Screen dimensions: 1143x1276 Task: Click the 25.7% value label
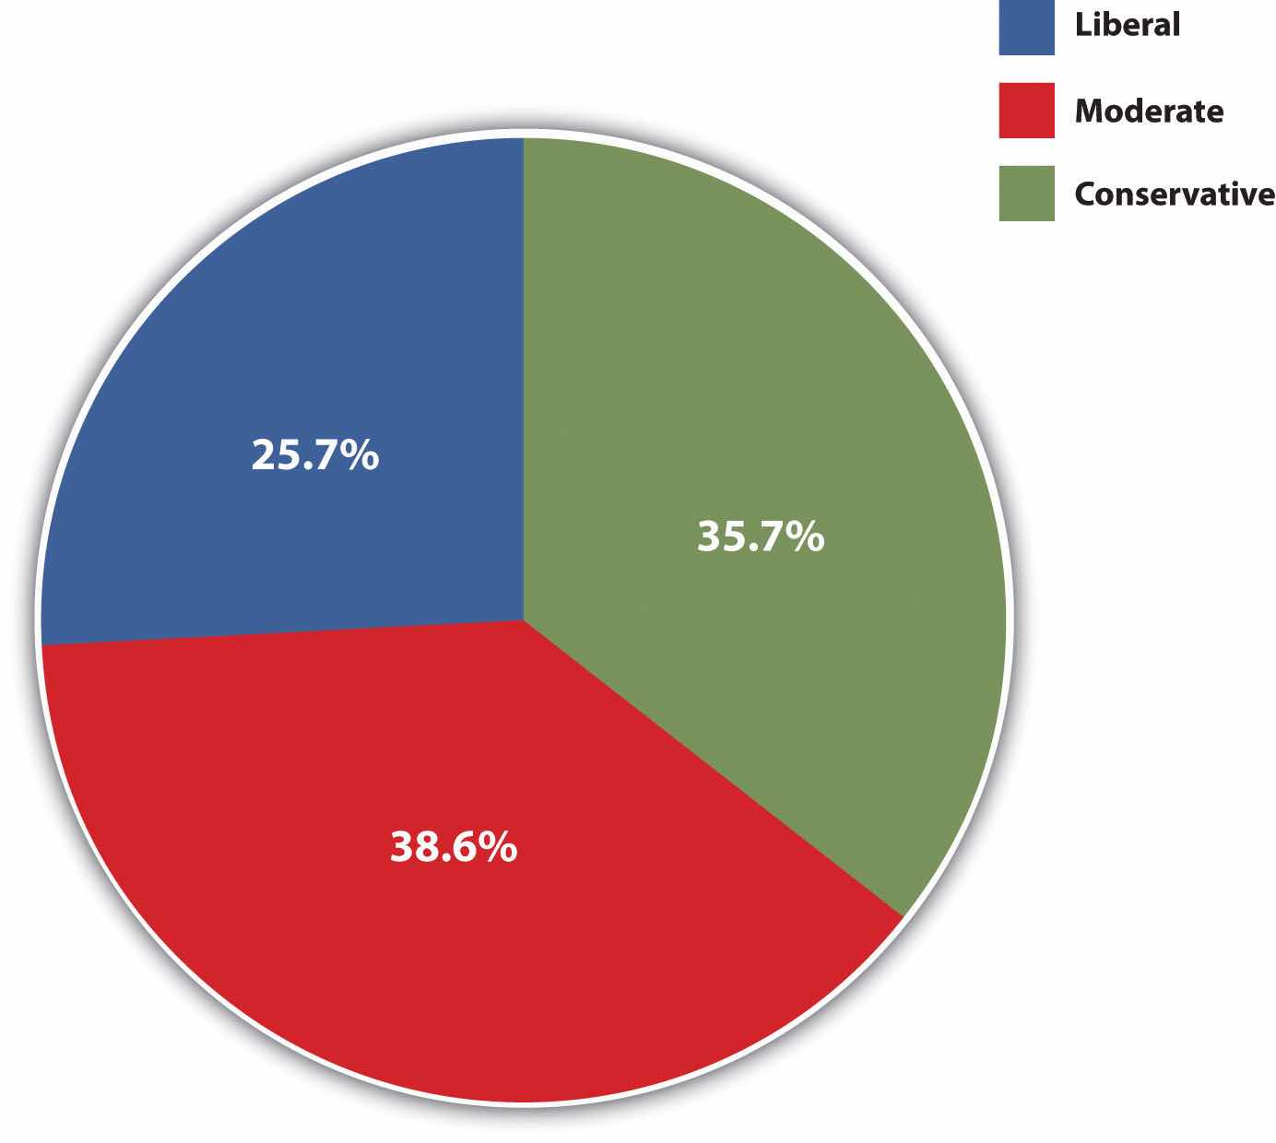pos(314,455)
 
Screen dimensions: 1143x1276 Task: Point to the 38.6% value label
pos(453,846)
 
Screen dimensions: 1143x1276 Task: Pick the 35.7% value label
pos(760,536)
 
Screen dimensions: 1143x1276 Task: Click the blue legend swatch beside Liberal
pos(1026,29)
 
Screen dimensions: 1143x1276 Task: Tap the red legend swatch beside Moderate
pos(1026,112)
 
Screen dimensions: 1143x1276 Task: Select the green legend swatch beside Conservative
pos(1026,194)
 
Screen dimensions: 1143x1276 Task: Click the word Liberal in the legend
pos(1127,25)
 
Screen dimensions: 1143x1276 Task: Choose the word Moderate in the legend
pos(1149,112)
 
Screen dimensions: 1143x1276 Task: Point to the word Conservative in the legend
pos(1175,194)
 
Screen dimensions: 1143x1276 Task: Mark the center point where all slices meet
pos(524,619)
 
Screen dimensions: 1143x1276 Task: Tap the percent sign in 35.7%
pos(806,536)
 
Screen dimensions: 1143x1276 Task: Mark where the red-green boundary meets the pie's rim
pos(902,916)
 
